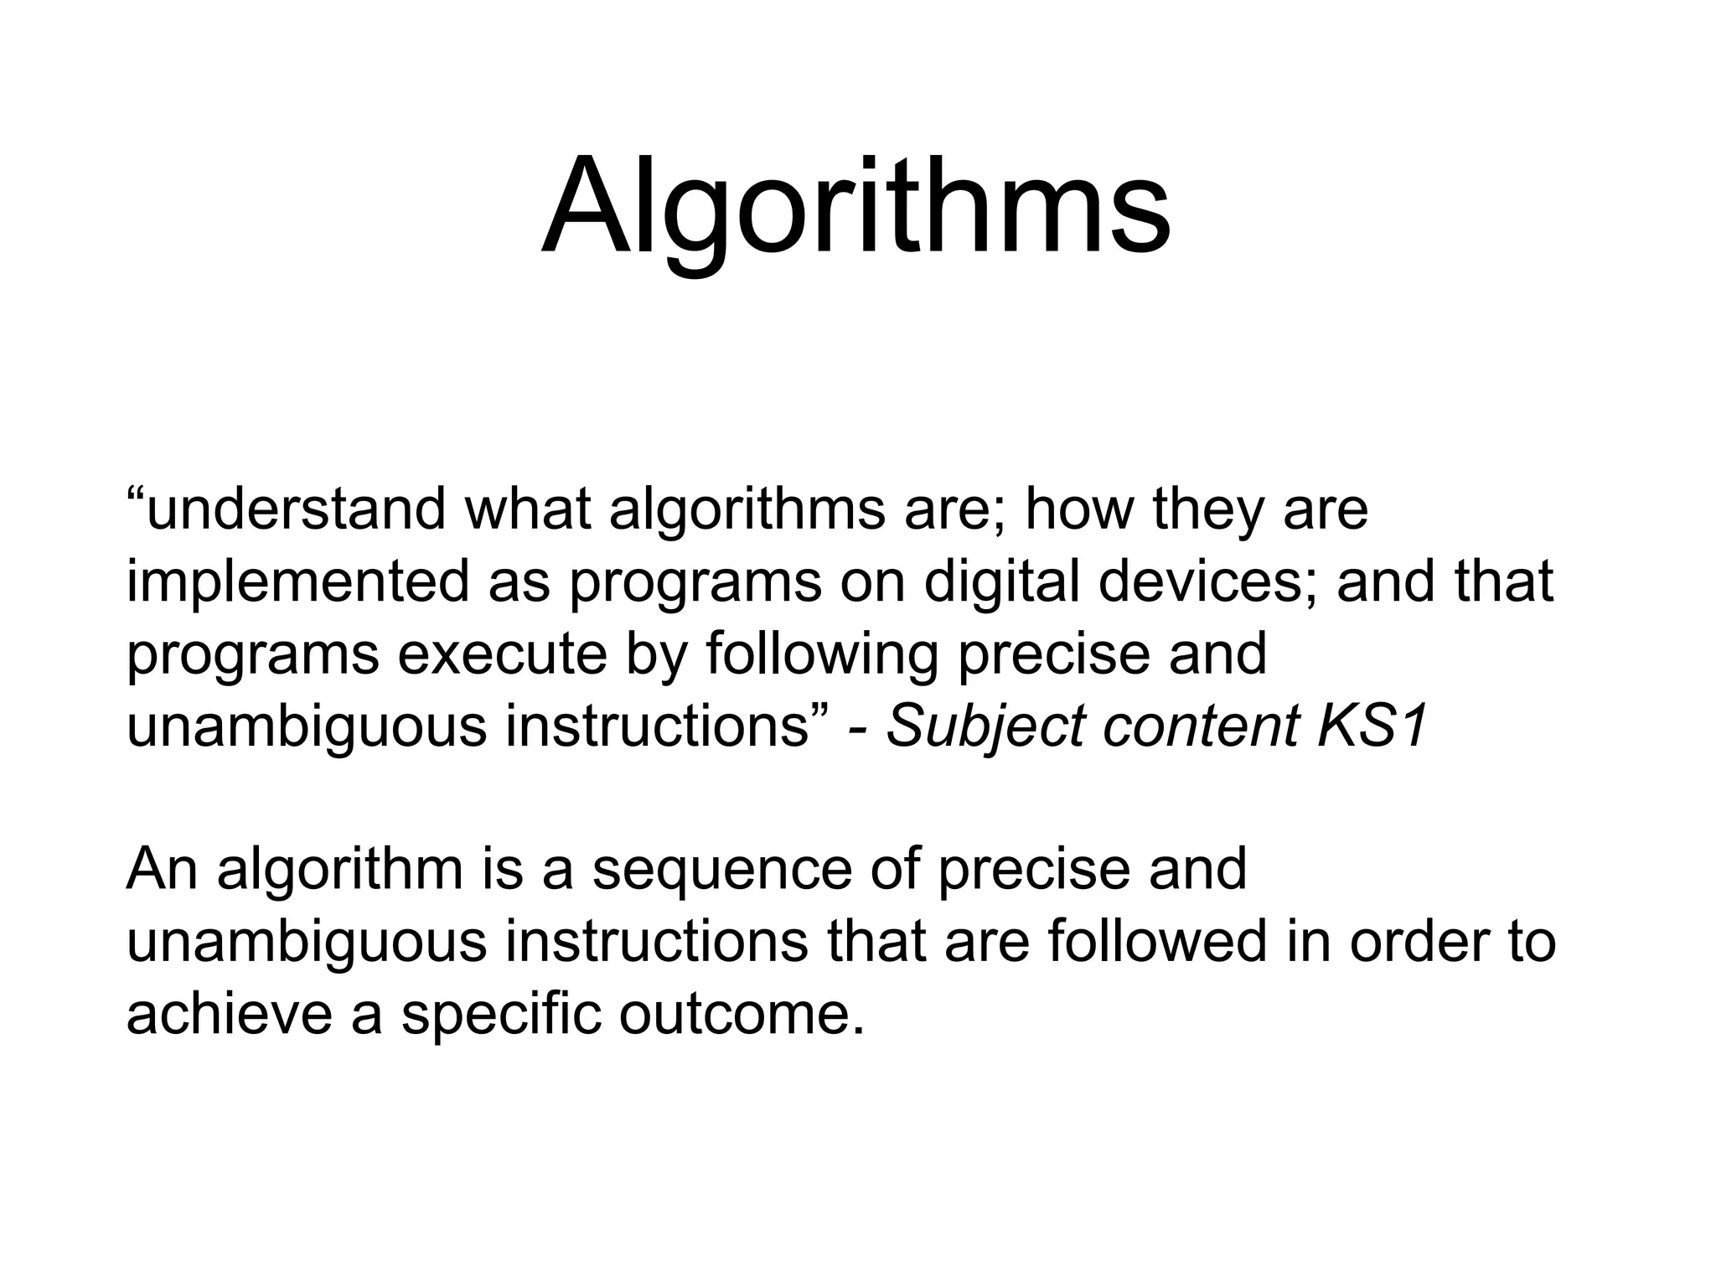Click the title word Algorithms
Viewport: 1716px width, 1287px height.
[855, 209]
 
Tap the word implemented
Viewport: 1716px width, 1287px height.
[298, 582]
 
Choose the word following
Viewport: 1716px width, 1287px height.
[821, 654]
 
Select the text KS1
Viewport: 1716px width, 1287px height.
[1371, 726]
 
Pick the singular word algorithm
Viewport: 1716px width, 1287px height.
[340, 871]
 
